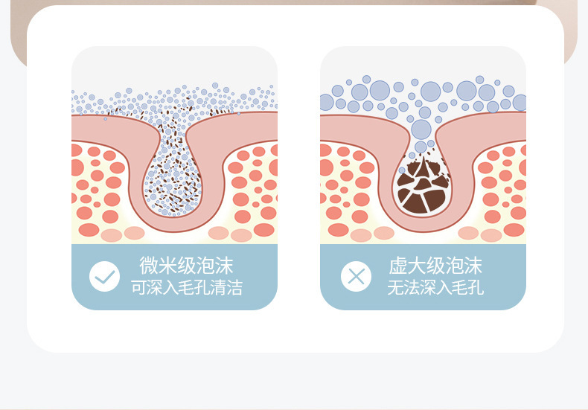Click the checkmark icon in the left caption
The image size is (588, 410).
104,277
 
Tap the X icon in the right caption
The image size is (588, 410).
356,277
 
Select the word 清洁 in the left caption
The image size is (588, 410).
226,288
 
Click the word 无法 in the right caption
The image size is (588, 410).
403,288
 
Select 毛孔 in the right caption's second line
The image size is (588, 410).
468,288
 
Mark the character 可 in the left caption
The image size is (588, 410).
138,288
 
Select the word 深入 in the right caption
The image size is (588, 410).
435,288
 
